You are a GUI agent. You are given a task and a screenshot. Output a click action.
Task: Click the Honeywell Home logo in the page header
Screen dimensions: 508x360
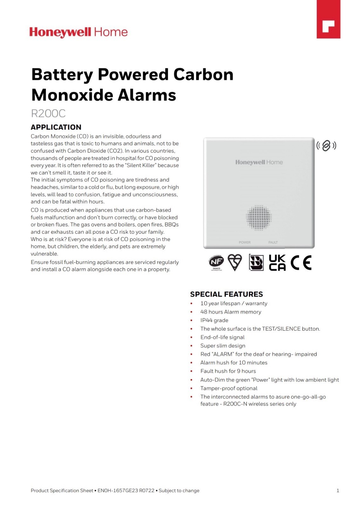point(78,32)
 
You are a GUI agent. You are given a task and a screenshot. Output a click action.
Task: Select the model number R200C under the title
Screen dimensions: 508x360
point(48,113)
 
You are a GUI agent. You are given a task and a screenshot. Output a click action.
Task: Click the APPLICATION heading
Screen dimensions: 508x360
point(56,127)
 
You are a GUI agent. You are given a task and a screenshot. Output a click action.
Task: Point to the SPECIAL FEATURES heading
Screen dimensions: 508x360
point(226,294)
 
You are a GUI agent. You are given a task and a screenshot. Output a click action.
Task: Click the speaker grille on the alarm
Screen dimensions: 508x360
point(259,217)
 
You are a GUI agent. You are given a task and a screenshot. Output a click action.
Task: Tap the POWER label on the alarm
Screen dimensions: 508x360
point(245,242)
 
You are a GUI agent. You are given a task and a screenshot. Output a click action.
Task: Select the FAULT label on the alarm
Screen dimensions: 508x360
point(273,242)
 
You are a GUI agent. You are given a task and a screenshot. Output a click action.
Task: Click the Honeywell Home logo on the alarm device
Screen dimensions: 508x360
point(259,162)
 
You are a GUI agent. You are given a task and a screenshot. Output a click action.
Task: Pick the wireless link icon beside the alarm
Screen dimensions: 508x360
point(326,146)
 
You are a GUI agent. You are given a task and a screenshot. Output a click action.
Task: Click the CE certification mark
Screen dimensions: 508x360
point(301,263)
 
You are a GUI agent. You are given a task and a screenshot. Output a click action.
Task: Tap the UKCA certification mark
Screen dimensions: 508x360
point(277,263)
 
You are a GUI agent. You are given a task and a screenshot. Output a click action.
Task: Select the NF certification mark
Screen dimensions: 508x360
point(216,262)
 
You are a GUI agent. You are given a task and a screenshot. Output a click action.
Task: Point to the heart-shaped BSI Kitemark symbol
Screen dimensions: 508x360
point(235,262)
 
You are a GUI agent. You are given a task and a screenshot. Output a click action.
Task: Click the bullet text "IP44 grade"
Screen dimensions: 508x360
point(214,320)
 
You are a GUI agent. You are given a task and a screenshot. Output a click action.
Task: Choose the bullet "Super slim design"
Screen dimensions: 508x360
point(223,346)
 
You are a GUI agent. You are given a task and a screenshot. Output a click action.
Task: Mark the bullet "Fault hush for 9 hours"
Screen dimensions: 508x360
point(228,371)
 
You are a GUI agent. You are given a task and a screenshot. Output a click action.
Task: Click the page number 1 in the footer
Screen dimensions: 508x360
point(338,491)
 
